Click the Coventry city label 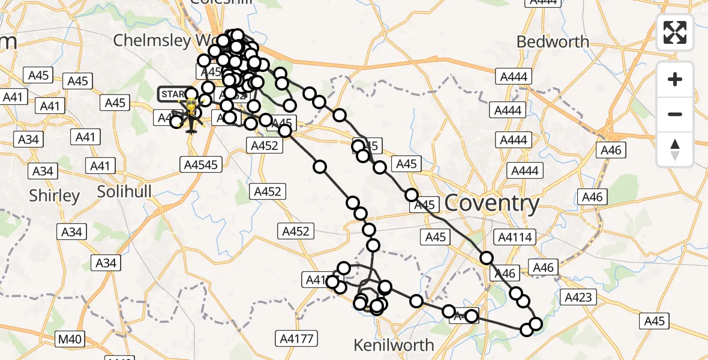492,204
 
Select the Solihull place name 125,192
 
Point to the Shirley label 55,196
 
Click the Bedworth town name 553,42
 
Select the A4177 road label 296,339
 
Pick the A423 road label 578,297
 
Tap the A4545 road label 201,163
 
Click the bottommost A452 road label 296,231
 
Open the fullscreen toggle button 675,32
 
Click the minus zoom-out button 675,114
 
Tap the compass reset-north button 675,149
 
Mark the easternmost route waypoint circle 535,324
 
